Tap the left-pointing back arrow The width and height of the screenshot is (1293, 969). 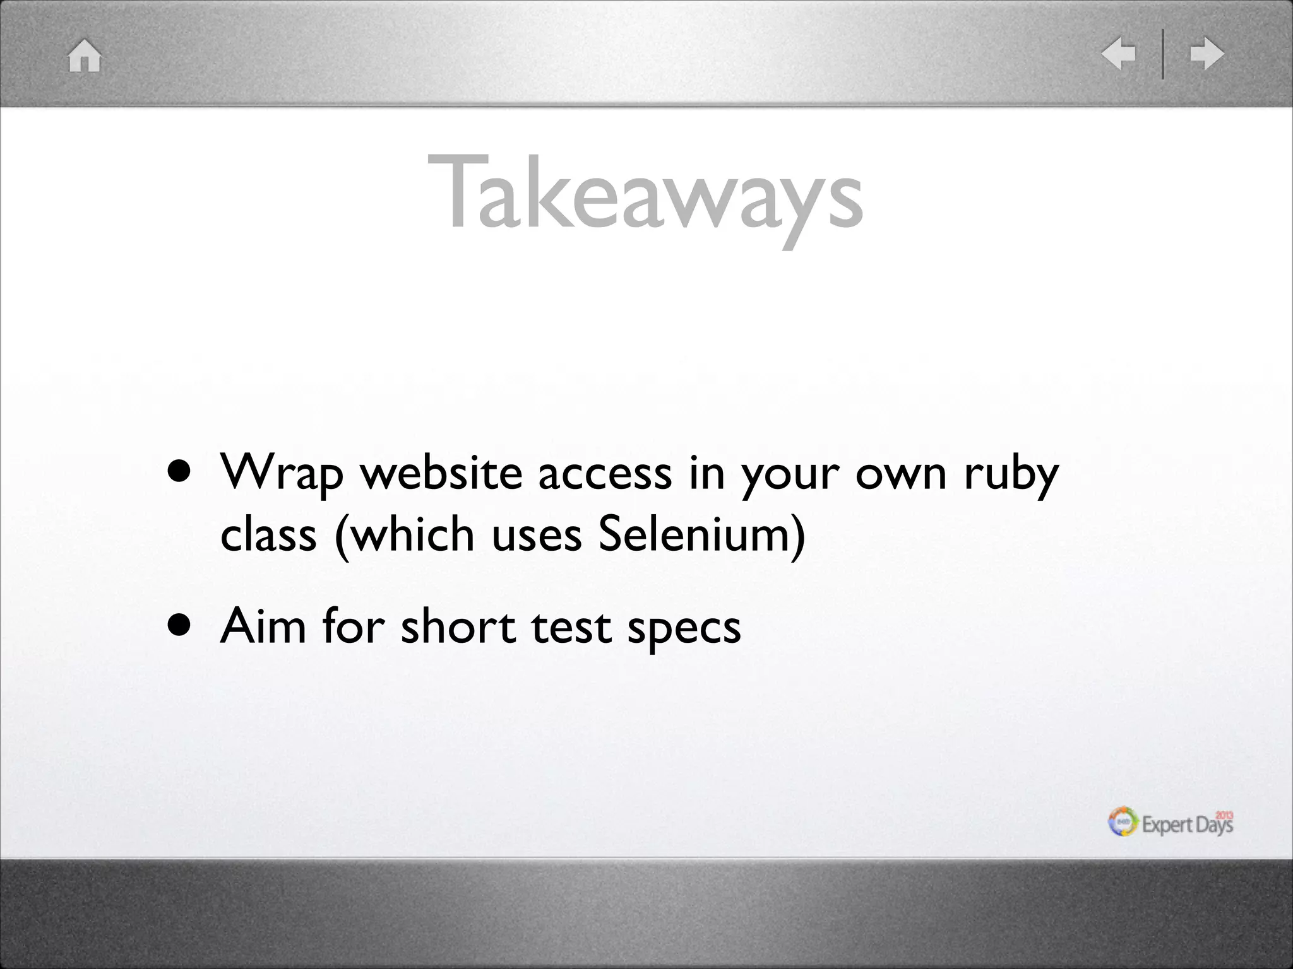pos(1118,54)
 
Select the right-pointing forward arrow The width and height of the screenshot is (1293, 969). pos(1207,54)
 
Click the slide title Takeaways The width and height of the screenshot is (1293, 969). pos(645,194)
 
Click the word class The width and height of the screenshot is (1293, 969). pos(268,534)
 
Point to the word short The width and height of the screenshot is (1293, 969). pos(458,626)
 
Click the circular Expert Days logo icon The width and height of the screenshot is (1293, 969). pos(1123,823)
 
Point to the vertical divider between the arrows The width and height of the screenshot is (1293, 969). pos(1162,54)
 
